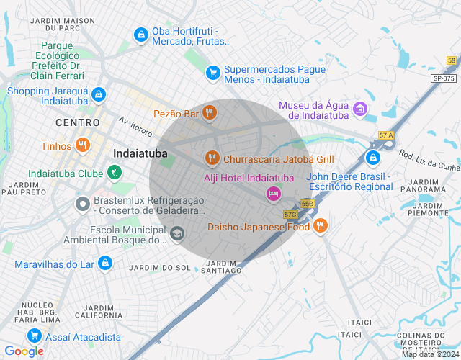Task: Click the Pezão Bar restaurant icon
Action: pos(210,112)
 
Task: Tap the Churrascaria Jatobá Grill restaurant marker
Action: pos(212,158)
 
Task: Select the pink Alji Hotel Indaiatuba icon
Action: pos(273,192)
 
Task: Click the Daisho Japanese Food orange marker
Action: pos(321,226)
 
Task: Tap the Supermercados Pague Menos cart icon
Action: pos(212,72)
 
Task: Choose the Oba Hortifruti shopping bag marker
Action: pos(140,34)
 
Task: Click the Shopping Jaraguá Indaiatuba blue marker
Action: pos(99,95)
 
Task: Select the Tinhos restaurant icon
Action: pos(83,145)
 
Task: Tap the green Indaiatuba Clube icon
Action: pos(114,173)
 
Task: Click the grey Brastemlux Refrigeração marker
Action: pos(83,204)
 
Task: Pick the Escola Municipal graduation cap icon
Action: pos(176,233)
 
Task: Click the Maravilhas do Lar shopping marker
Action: pos(105,264)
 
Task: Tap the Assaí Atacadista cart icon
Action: pos(34,336)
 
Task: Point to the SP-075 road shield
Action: pos(444,78)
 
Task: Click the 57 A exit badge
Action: pos(386,135)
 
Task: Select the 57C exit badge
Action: pos(290,214)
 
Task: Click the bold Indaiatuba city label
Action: pos(140,153)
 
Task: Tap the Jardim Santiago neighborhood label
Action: pos(222,266)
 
